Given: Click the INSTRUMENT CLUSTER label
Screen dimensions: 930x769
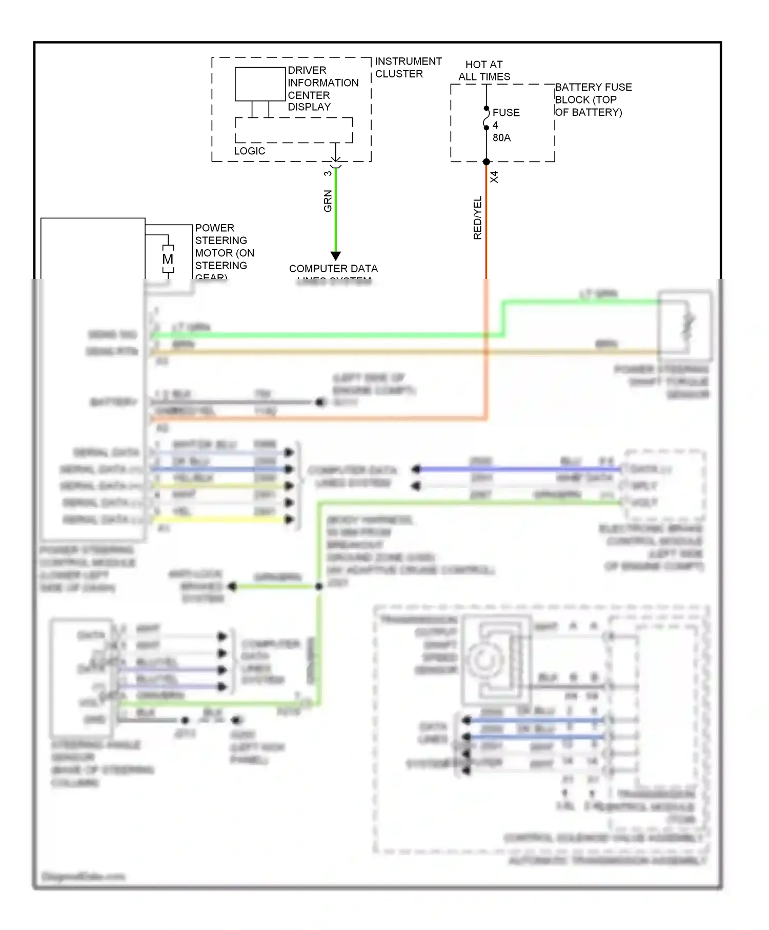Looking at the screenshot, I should coord(408,67).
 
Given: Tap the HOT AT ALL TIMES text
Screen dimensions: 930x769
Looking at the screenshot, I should coord(484,71).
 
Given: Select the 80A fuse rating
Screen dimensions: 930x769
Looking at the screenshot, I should coord(501,137).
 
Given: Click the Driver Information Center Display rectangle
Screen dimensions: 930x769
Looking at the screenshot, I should coord(260,84).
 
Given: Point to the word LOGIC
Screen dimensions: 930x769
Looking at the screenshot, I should coord(249,151).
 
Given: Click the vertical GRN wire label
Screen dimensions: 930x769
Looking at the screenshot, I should coord(328,201).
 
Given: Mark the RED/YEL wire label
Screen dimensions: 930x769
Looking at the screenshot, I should coord(477,217).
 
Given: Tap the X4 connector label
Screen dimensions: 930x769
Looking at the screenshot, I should coord(494,177).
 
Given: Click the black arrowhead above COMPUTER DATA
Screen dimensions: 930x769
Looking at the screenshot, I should coord(336,255).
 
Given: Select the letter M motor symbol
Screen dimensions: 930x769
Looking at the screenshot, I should coord(168,259).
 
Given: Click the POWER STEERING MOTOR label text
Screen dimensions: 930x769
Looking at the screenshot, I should coord(224,247).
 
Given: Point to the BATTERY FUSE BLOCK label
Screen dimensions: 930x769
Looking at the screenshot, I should coord(593,99).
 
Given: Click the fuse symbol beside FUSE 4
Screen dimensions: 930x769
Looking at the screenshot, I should coord(486,118).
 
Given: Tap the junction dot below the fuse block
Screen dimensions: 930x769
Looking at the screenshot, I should coord(486,162).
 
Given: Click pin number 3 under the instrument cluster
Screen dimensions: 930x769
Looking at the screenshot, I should coord(328,173).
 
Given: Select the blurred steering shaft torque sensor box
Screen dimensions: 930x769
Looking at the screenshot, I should coord(685,325).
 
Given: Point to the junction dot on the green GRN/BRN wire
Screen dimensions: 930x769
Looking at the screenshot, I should coord(319,586).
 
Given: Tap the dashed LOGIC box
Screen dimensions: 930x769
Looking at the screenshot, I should coord(293,130).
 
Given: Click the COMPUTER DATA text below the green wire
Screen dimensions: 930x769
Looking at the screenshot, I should coord(333,269).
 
